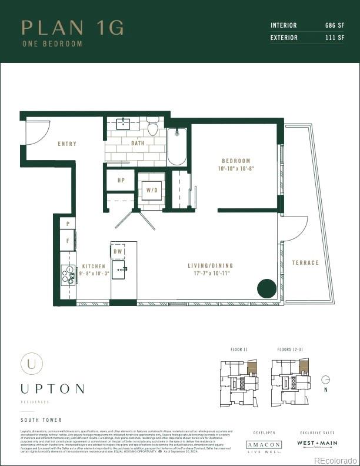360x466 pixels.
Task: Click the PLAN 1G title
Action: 72,28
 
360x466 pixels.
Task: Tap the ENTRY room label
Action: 67,144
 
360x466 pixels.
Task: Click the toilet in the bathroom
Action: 153,127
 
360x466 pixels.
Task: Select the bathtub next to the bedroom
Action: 177,147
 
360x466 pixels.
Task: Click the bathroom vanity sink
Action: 124,124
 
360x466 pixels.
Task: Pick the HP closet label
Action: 121,181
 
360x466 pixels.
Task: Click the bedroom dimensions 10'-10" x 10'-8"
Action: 236,168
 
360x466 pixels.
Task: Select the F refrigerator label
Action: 68,241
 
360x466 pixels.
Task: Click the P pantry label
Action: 68,224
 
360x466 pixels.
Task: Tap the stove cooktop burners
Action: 68,275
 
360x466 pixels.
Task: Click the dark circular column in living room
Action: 266,289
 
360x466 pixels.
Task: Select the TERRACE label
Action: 305,263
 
